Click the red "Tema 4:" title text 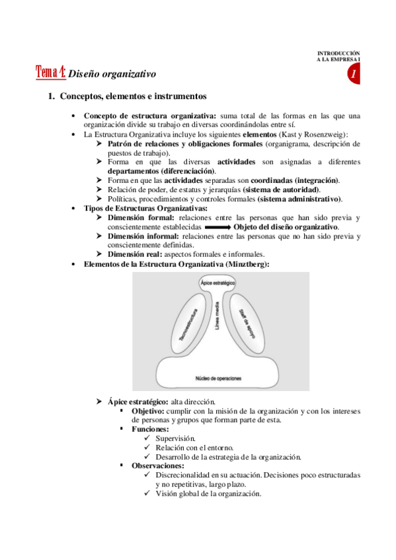pyautogui.click(x=50, y=72)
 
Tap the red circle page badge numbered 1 pyautogui.click(x=354, y=75)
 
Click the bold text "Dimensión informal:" pyautogui.click(x=141, y=236)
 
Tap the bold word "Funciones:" pyautogui.click(x=150, y=429)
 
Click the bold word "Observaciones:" pyautogui.click(x=157, y=466)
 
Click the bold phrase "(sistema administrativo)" pyautogui.click(x=299, y=199)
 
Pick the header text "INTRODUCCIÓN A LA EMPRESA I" pyautogui.click(x=339, y=56)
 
